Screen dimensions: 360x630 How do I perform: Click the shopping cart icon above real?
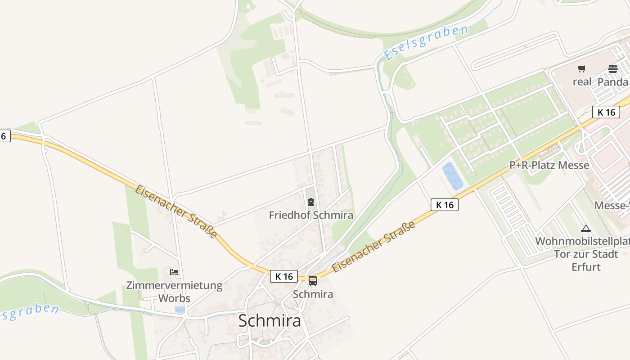[x=582, y=69]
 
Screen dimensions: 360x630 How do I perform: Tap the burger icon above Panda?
[x=612, y=69]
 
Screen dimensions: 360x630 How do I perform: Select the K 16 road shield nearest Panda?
[x=606, y=112]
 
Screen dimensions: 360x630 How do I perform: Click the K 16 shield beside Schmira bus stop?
[x=284, y=276]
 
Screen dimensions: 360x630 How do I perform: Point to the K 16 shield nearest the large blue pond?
[x=445, y=205]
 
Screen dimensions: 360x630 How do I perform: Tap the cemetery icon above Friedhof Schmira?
[x=310, y=202]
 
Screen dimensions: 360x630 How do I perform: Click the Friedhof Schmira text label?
[x=311, y=215]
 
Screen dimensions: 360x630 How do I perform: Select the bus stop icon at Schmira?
[x=313, y=281]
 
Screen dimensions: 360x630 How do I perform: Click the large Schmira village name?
[x=269, y=321]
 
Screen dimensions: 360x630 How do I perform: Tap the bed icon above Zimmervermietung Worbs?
[x=174, y=272]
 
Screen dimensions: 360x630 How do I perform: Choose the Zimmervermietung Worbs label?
[x=174, y=291]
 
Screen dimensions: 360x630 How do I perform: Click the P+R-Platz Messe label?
[x=549, y=165]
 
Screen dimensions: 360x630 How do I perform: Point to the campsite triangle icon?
[x=585, y=228]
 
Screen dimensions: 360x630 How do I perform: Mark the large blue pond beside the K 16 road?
[x=452, y=176]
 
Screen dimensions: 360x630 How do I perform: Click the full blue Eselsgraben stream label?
[x=426, y=43]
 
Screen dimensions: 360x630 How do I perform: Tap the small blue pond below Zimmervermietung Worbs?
[x=180, y=310]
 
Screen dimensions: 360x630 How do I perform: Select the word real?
[x=582, y=82]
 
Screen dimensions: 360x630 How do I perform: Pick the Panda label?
[x=612, y=82]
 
